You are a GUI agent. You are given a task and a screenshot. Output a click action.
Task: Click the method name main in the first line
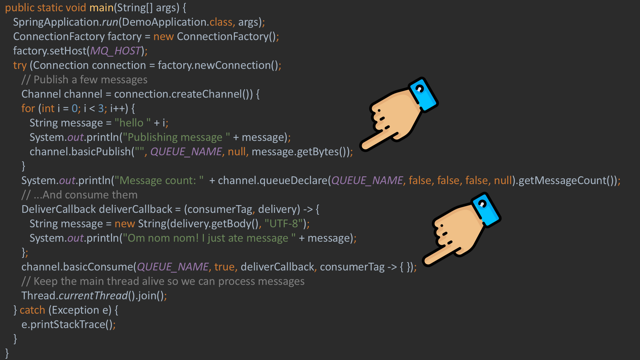[x=101, y=8]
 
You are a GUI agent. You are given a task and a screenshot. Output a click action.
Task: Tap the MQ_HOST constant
[x=116, y=51]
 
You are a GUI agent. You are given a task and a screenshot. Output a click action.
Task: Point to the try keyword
[x=20, y=65]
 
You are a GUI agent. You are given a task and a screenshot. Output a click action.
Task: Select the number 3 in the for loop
[x=101, y=108]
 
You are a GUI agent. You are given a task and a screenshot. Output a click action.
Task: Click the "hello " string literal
[x=132, y=123]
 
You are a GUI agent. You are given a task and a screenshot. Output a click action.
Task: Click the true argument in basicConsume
[x=225, y=267]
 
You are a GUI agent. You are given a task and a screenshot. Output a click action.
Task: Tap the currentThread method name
[x=93, y=296]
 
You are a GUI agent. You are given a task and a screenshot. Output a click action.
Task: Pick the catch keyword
[x=32, y=310]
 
